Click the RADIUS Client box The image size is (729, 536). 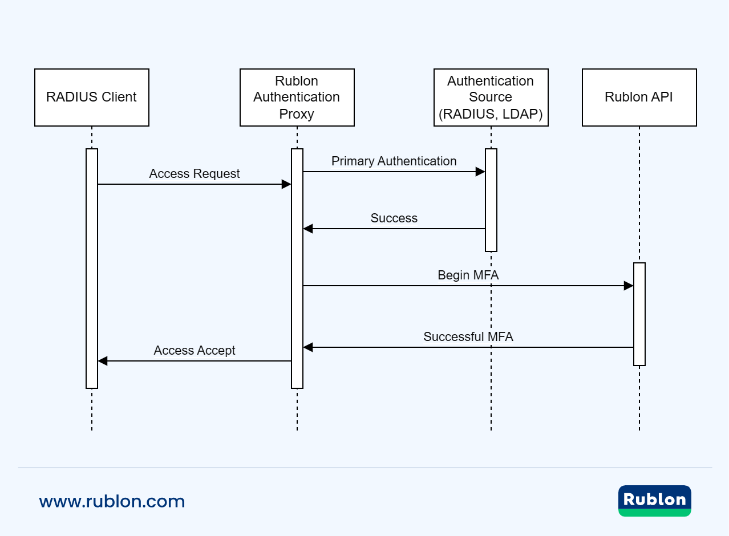click(91, 98)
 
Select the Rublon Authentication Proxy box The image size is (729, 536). click(297, 98)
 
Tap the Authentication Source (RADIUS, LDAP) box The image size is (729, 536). click(491, 98)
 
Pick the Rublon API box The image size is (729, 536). click(639, 98)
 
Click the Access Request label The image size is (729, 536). click(195, 174)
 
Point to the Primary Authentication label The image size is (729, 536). click(394, 161)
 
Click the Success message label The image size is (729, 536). click(394, 218)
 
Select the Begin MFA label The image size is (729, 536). click(468, 275)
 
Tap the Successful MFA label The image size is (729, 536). click(468, 337)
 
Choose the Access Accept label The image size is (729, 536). click(195, 351)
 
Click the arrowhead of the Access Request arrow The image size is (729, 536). click(287, 184)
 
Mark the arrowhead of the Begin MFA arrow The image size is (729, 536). click(629, 286)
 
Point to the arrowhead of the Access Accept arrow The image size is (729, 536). click(103, 361)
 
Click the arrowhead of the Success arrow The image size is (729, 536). click(308, 229)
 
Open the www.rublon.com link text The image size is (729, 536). click(112, 502)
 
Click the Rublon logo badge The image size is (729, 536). click(654, 501)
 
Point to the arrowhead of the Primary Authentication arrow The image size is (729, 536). click(481, 172)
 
